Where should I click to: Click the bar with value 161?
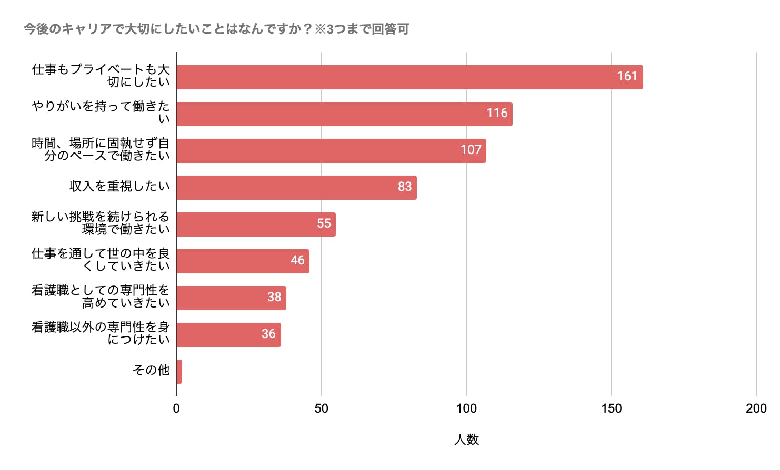click(409, 77)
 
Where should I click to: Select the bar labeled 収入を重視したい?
click(296, 188)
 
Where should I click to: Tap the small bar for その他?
click(179, 372)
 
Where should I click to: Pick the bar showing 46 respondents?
click(243, 261)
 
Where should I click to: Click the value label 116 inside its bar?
click(497, 113)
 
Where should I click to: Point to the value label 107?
click(471, 150)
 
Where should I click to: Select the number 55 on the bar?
click(324, 223)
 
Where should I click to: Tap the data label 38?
click(274, 297)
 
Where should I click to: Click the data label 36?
click(268, 334)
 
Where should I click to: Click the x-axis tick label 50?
click(321, 408)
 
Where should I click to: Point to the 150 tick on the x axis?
click(611, 408)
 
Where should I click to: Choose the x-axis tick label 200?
click(756, 408)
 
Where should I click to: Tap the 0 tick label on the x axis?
click(176, 408)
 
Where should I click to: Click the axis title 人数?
click(466, 440)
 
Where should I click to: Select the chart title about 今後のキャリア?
click(216, 29)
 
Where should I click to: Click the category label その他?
click(151, 370)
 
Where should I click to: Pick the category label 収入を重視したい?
click(119, 186)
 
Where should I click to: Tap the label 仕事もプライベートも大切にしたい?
click(101, 76)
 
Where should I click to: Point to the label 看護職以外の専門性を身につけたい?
click(101, 333)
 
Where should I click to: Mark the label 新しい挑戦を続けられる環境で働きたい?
click(101, 223)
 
